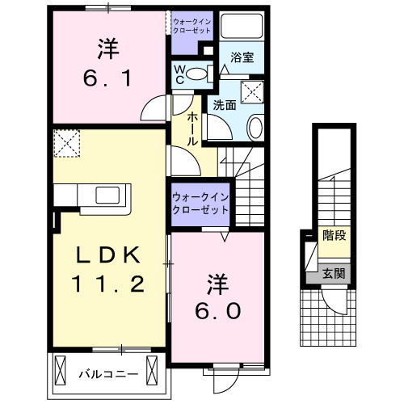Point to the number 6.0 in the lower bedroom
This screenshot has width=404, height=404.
click(217, 310)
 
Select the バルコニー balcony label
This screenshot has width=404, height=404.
click(107, 374)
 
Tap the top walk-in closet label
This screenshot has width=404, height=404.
click(191, 25)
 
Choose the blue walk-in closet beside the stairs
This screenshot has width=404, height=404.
click(200, 202)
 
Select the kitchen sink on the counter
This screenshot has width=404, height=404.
click(107, 195)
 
